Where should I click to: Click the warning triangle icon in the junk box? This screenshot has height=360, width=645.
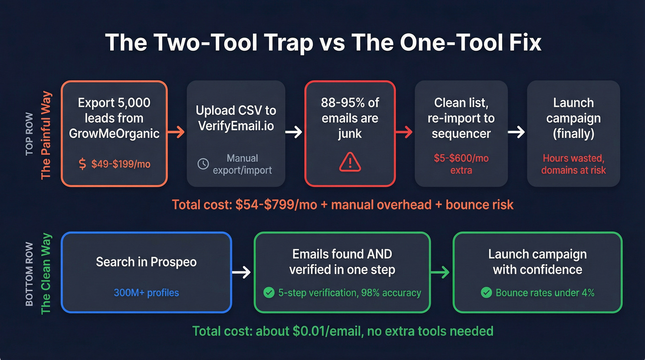pos(350,162)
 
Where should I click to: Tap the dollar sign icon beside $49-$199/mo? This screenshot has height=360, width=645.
pos(82,164)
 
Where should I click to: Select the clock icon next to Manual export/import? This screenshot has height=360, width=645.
pos(203,164)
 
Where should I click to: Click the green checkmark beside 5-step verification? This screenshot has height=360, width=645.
pos(268,292)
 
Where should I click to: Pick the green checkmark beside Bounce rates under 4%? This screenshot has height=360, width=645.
pos(486,292)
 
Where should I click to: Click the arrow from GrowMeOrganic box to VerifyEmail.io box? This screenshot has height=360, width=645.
pos(176,133)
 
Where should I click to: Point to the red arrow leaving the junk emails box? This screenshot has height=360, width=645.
pos(405,133)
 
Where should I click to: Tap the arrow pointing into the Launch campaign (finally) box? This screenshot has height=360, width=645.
pos(517,133)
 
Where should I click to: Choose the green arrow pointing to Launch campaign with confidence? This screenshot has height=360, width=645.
pos(441,272)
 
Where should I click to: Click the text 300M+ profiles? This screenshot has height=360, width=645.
pos(146,292)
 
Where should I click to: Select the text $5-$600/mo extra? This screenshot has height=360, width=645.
pos(461,164)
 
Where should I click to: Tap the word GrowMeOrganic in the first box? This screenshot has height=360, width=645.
pos(114,134)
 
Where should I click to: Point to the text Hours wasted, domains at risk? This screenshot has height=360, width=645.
pos(573,164)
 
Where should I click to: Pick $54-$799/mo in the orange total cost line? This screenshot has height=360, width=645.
pos(276,204)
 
